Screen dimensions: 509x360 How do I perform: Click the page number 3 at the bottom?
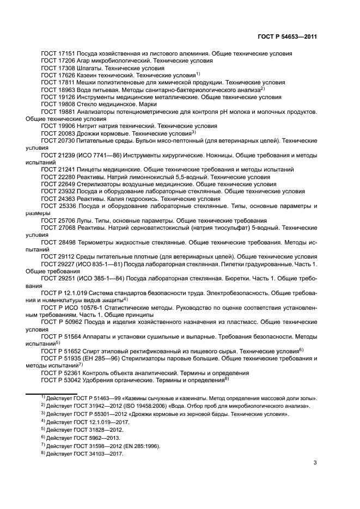(315, 463)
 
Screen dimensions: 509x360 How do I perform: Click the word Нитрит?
(84, 125)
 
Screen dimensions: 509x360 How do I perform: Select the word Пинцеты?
(87, 169)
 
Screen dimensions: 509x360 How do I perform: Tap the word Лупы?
(81, 220)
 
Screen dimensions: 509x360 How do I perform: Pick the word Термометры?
(93, 241)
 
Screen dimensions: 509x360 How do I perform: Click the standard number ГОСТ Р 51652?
(58, 351)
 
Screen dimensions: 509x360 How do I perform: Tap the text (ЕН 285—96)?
(96, 358)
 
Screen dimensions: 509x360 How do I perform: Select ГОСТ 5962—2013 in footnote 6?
(93, 438)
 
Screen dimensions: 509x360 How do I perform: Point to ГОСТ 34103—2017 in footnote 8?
(95, 453)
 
